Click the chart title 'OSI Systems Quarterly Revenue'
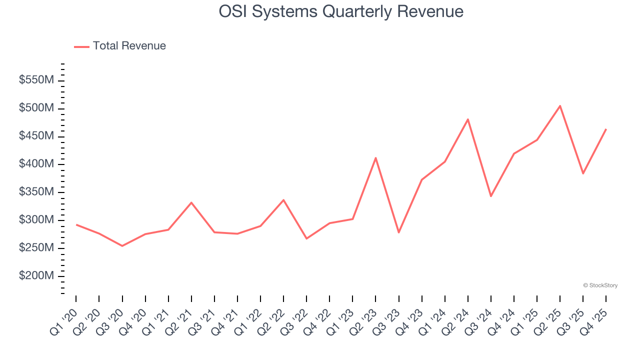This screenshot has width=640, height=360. [341, 11]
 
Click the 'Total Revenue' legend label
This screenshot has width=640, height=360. [129, 46]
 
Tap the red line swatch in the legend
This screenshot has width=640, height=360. [81, 46]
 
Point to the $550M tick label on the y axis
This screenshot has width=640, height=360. [36, 80]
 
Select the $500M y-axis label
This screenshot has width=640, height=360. [36, 108]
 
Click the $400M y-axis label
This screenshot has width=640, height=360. [36, 164]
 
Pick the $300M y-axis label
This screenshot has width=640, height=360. [36, 220]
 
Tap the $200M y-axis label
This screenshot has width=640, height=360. [36, 276]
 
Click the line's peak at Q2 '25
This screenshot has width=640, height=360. [560, 105]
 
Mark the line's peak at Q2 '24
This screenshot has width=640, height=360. [468, 119]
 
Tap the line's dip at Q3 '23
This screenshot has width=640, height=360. [398, 232]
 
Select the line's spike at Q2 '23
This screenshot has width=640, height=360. [375, 157]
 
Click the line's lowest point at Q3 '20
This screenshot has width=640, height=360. [122, 246]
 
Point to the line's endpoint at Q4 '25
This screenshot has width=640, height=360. [606, 129]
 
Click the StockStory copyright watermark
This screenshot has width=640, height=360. [600, 285]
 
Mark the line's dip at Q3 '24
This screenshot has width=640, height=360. [491, 196]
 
